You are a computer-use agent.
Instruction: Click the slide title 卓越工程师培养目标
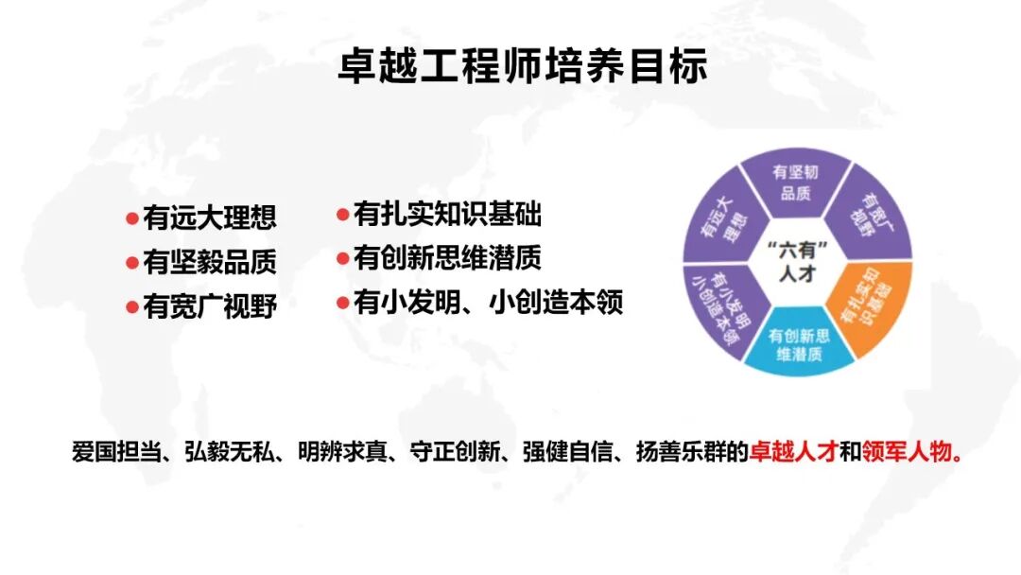click(522, 65)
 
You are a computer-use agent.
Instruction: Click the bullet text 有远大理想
click(210, 217)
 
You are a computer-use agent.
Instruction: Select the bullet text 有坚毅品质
click(210, 261)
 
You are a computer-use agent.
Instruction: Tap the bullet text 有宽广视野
click(210, 305)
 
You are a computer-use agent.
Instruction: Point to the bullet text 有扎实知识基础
click(447, 214)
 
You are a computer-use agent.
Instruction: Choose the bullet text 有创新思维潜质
click(447, 257)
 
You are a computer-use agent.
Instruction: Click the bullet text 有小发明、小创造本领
click(489, 302)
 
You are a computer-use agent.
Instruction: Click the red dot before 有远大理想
click(132, 218)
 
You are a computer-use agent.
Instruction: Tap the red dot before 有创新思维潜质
click(343, 258)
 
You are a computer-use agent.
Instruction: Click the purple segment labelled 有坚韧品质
click(796, 182)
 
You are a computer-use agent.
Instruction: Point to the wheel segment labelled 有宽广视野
click(873, 215)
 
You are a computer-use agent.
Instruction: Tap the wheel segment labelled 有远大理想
click(723, 218)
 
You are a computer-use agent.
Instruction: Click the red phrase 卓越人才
click(793, 450)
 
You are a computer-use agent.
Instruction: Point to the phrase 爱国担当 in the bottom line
click(116, 450)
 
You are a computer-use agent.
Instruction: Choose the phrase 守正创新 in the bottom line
click(455, 450)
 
